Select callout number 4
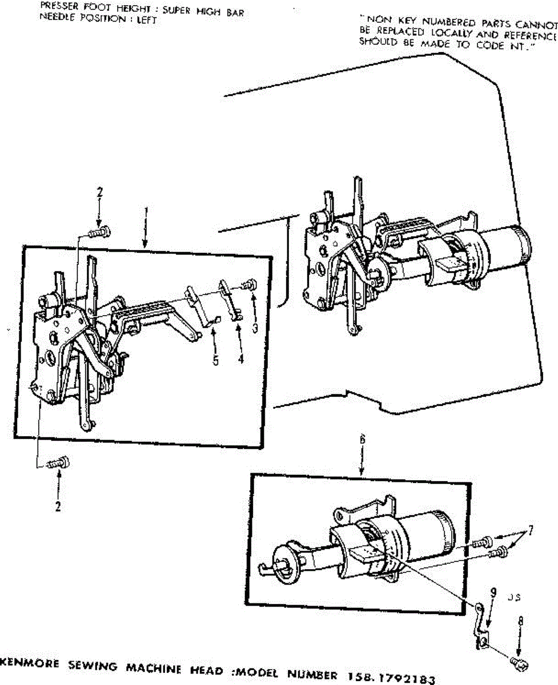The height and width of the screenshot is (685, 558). [x=240, y=360]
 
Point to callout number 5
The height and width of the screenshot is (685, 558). [x=215, y=361]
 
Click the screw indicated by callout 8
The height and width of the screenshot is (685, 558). [x=520, y=664]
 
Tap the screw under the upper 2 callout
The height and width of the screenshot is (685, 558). [x=100, y=231]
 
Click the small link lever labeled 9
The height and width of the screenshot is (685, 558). [x=481, y=627]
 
